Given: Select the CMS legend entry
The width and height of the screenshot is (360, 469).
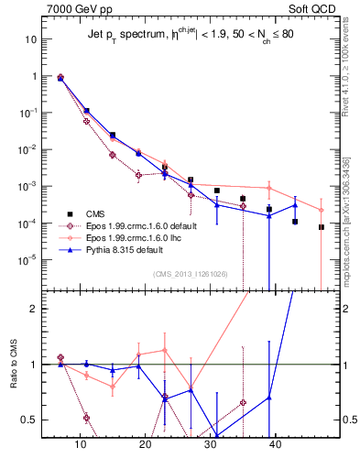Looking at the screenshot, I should [x=98, y=213].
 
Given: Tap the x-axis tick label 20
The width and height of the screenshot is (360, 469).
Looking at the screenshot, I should [x=145, y=444].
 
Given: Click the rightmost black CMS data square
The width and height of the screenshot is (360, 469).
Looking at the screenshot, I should [x=322, y=227].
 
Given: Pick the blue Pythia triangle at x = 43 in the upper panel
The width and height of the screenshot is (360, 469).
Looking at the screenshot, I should [x=295, y=204].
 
